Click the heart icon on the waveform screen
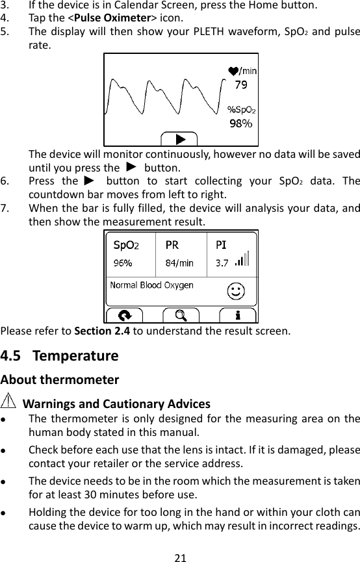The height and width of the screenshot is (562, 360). tap(233, 70)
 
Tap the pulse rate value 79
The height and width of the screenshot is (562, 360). tap(240, 84)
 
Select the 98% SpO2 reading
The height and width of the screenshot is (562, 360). tap(238, 122)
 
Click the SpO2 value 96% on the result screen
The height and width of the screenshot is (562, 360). tap(123, 263)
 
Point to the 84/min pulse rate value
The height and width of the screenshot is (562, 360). tap(179, 263)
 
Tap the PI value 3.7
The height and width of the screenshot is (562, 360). tap(222, 263)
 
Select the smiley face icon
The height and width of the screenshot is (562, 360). tap(236, 292)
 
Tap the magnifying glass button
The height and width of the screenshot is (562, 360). tap(181, 316)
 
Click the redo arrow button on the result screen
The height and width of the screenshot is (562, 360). tap(125, 316)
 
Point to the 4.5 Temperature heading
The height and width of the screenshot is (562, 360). tap(60, 356)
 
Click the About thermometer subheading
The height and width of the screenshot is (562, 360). tap(60, 379)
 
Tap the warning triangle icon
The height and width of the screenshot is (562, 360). tap(10, 402)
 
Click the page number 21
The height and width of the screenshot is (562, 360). tap(181, 557)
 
